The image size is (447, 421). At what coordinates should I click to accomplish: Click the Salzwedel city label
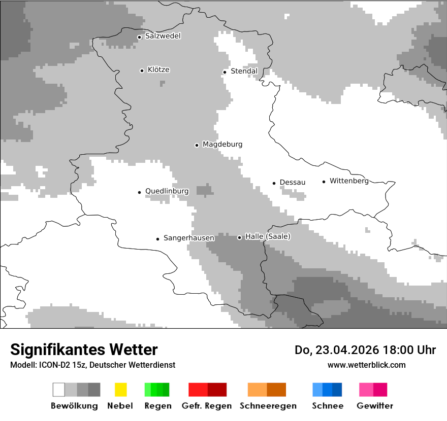coord(163,36)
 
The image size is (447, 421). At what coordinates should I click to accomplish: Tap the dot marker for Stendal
coord(225,72)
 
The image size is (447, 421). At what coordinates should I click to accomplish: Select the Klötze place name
coord(158,69)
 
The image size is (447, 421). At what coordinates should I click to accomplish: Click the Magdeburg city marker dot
coord(197,145)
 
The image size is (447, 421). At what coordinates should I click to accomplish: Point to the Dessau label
coord(292,182)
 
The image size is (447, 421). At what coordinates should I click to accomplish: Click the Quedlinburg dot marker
coord(139,192)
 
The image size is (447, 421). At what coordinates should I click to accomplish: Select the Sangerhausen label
coord(188,238)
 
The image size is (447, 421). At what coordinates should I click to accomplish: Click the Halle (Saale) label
coord(268,236)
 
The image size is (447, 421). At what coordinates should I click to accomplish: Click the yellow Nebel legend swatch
coord(120,390)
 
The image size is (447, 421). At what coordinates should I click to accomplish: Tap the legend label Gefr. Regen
coord(206,406)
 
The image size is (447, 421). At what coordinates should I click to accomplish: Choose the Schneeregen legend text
coord(268,406)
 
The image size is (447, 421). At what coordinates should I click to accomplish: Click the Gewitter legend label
coord(374,406)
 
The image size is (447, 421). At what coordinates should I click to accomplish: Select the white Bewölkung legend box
coord(58,390)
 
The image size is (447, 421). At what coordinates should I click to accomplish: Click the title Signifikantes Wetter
coord(84,350)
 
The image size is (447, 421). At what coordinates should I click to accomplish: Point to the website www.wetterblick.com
coord(366,365)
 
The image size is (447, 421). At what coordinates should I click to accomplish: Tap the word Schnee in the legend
coord(327,406)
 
